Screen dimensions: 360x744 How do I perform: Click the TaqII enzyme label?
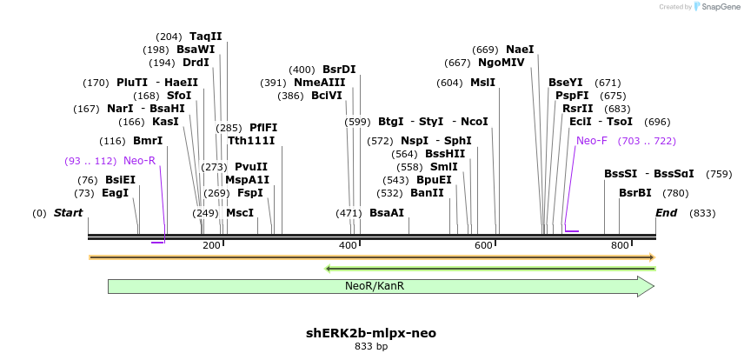[x=206, y=37]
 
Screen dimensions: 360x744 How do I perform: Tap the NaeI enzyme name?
[x=520, y=50]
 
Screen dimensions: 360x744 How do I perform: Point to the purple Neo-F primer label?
[x=592, y=140]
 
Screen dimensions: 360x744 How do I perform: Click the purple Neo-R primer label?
[x=139, y=161]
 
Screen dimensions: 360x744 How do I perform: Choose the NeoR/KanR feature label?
[x=375, y=285]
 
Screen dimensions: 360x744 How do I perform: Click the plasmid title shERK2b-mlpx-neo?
[x=371, y=333]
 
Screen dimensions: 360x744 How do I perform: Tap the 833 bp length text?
[x=371, y=347]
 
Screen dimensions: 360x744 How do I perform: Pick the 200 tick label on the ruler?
[x=211, y=246]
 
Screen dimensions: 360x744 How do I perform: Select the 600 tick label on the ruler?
[x=484, y=246]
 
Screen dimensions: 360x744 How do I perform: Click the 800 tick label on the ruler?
[x=620, y=246]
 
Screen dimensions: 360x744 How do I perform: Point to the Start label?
[x=70, y=213]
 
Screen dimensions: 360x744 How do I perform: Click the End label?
[x=667, y=213]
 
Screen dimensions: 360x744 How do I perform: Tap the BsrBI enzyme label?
[x=634, y=193]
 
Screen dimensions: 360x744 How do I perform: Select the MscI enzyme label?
[x=240, y=213]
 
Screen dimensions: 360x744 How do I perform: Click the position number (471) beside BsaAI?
[x=349, y=213]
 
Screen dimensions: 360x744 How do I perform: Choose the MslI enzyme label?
[x=482, y=83]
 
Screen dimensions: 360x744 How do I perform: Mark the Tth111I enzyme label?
[x=251, y=141]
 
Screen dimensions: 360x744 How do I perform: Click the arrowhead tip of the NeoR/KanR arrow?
[x=653, y=286]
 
